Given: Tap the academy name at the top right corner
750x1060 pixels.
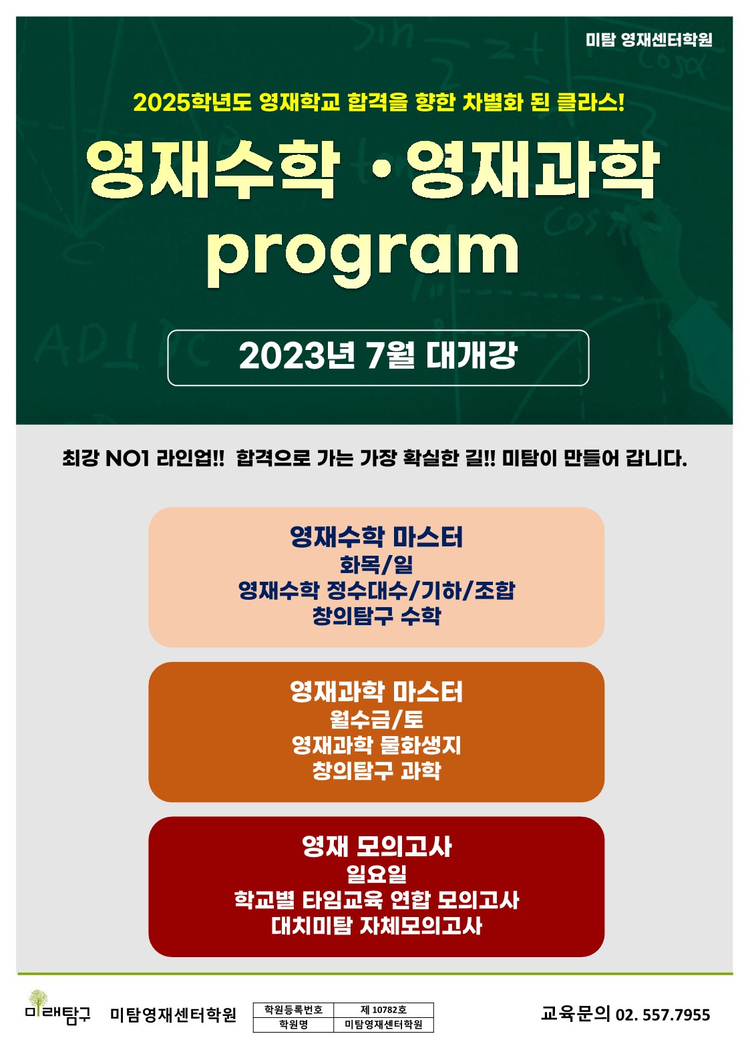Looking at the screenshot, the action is tap(649, 40).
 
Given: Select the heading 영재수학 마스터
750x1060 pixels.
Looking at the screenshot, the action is tap(377, 536).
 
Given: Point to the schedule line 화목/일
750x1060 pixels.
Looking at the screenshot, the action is tap(377, 564).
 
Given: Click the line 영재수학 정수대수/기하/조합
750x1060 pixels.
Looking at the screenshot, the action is tap(377, 590).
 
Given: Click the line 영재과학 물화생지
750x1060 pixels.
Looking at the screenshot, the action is tap(377, 745).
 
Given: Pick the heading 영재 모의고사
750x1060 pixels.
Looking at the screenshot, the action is tap(377, 846).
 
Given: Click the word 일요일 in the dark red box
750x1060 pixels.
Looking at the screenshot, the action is tap(377, 874).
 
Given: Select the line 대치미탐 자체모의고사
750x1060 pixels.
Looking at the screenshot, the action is tap(377, 925).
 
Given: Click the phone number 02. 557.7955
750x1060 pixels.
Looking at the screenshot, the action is tap(663, 1015).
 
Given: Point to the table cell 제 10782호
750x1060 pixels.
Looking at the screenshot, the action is tap(383, 1009).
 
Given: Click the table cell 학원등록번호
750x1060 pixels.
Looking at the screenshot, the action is tap(293, 1009).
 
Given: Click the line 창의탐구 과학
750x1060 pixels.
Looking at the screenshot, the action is tap(377, 770).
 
